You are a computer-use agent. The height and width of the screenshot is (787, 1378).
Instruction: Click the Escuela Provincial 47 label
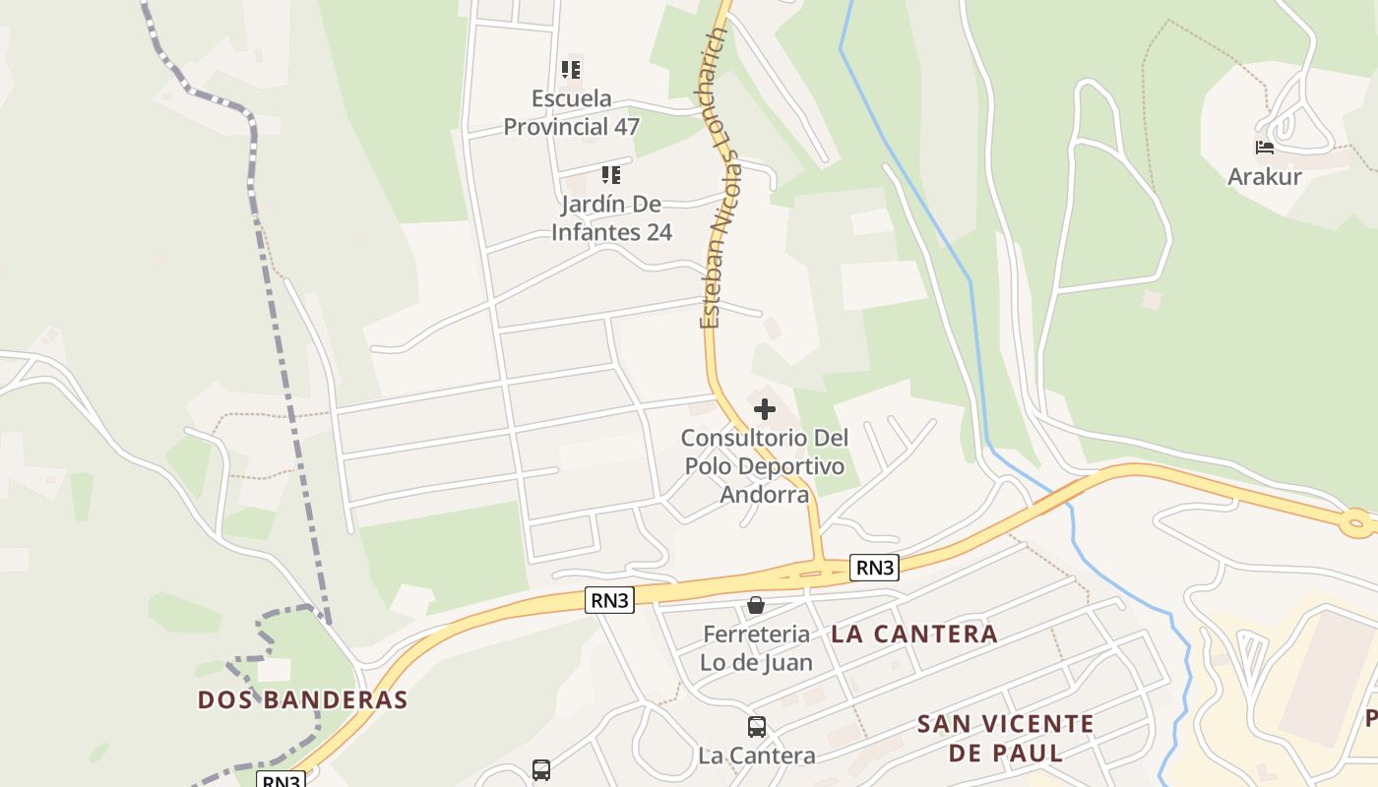tap(571, 112)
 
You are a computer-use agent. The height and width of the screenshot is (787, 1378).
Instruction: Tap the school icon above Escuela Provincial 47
tap(571, 70)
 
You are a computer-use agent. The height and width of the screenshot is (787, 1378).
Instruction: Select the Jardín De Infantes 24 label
tap(611, 217)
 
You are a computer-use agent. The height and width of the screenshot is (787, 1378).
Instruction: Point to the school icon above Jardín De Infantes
tap(611, 175)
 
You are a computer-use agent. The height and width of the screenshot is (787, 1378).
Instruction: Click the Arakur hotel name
tap(1264, 177)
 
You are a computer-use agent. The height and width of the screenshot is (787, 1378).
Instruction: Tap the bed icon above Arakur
tap(1265, 148)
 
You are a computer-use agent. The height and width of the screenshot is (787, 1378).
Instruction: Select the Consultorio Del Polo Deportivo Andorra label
tap(764, 465)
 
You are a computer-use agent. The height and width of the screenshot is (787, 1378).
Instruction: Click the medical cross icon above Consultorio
tap(764, 408)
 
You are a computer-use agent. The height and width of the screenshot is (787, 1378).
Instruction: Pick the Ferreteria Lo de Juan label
tap(756, 648)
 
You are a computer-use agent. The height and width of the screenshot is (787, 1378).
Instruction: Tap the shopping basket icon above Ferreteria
tap(756, 605)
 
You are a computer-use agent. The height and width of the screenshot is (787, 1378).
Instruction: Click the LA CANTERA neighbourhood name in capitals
tap(914, 635)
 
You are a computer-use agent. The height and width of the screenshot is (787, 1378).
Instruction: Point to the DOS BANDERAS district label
tap(303, 700)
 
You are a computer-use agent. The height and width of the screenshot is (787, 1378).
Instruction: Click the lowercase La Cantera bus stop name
tap(756, 756)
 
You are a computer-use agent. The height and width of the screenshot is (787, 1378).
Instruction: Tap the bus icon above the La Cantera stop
tap(756, 727)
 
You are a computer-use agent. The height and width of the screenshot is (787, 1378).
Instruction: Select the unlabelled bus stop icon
tap(541, 769)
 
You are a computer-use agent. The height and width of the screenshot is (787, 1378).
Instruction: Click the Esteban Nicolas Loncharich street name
tap(720, 177)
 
